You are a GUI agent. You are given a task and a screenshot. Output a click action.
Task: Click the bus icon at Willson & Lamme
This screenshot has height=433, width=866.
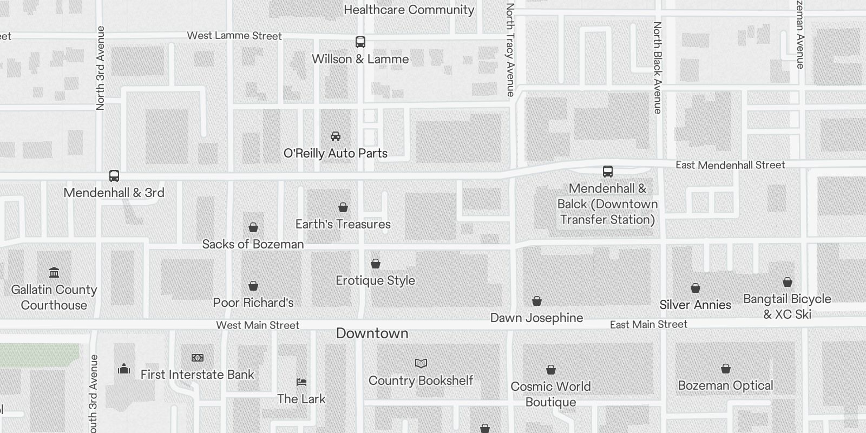360,42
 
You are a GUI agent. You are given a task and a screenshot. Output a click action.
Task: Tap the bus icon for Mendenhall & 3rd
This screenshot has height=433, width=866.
114,176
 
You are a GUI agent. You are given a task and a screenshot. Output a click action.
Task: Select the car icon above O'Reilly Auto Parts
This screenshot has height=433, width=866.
336,136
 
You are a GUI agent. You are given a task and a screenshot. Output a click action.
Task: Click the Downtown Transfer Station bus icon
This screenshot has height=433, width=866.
608,172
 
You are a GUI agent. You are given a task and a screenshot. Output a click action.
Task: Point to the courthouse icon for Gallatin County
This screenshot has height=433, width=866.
54,272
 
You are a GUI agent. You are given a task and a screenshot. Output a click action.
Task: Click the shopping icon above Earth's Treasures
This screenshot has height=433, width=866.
343,207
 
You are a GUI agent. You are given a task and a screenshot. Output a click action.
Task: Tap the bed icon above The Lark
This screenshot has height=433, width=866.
301,382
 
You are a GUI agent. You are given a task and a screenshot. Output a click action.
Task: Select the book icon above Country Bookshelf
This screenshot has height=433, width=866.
421,363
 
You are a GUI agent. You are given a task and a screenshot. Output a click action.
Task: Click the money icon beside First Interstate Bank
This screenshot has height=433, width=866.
198,358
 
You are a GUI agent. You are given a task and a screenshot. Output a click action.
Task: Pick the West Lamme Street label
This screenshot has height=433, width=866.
234,36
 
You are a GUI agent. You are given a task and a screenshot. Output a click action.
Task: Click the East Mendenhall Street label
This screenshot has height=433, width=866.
730,165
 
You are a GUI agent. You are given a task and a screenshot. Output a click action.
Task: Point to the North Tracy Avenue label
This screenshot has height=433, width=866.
510,50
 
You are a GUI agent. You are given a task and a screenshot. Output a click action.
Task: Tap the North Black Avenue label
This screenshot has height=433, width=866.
658,68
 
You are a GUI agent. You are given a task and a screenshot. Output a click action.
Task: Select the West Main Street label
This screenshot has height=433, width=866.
258,325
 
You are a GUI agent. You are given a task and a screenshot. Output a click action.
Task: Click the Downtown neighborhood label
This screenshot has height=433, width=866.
372,333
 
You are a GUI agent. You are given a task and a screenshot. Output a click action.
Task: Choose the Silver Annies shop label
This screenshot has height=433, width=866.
695,305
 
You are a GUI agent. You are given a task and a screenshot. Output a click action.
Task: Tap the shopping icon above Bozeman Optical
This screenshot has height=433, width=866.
726,369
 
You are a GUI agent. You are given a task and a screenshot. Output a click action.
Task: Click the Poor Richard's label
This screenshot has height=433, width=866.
253,303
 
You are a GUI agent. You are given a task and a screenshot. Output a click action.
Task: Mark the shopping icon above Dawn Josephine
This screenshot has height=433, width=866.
537,301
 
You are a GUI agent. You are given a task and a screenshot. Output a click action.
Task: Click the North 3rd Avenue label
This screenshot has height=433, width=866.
100,68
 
